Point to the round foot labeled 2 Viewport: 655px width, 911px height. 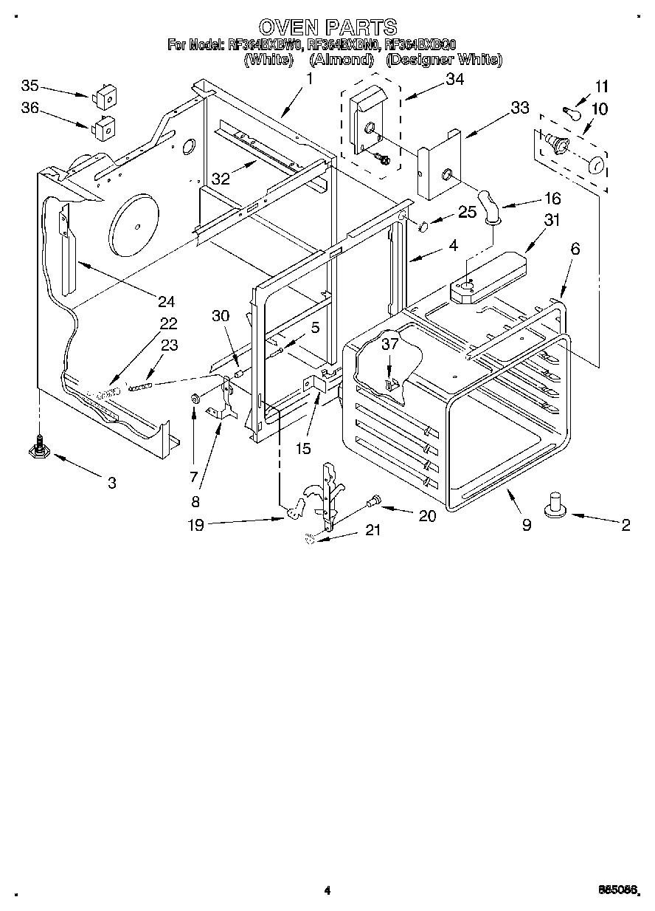557,506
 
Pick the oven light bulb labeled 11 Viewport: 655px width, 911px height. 570,112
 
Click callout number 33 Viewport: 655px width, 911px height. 519,109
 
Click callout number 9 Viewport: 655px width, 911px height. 527,526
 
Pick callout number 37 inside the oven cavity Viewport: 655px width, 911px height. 390,343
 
